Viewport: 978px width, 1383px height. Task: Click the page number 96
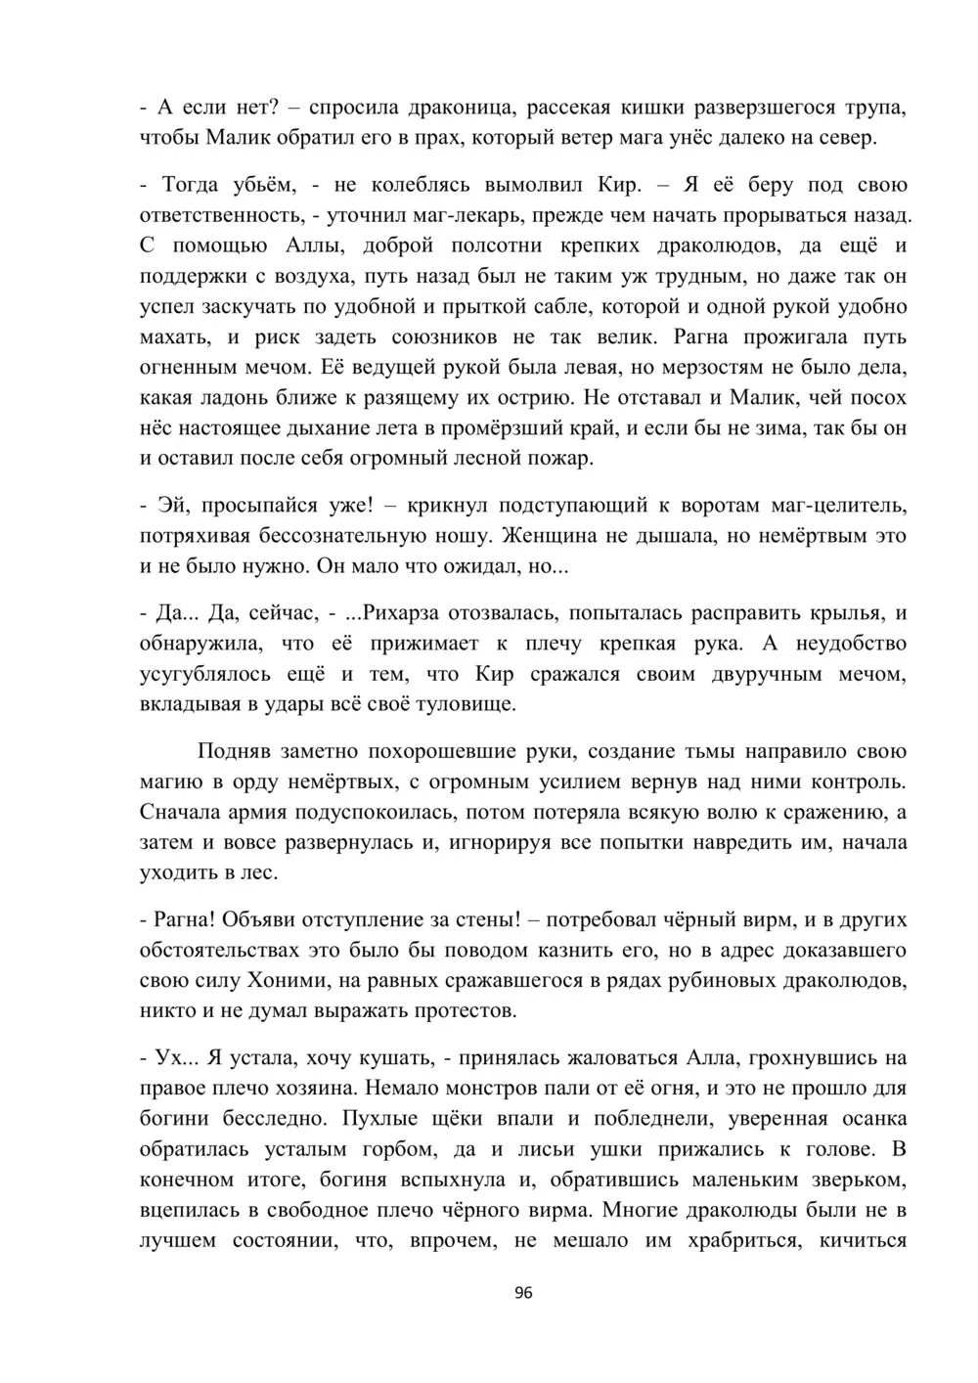[522, 1294]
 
